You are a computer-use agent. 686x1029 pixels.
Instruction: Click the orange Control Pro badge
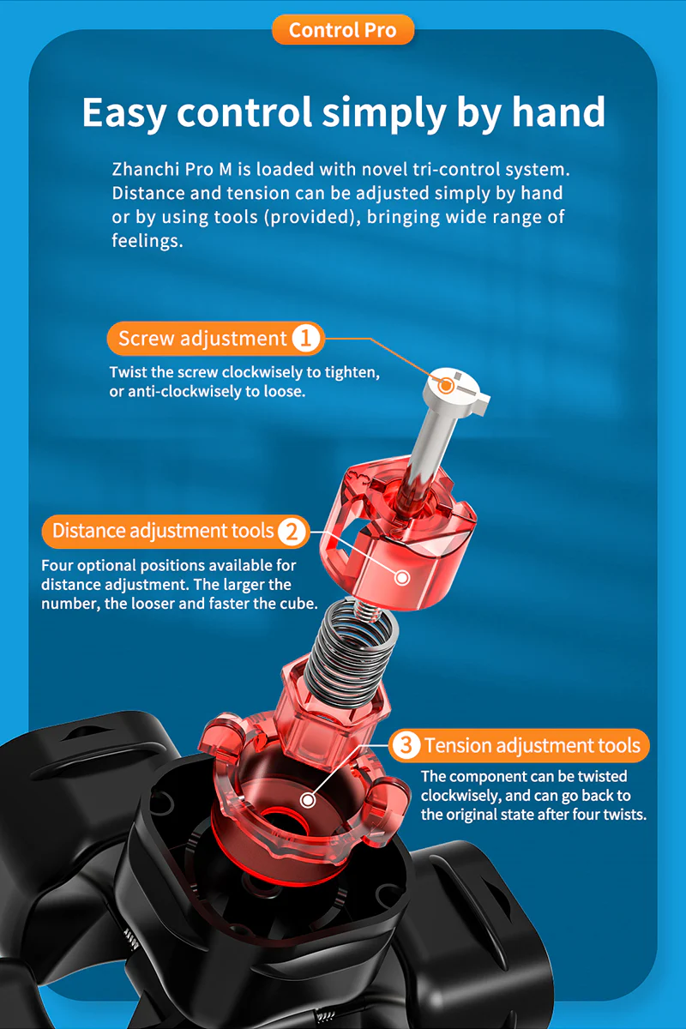(x=343, y=30)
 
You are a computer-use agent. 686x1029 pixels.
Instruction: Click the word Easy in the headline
(x=123, y=112)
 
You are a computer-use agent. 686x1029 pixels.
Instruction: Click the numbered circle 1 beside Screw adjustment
(x=305, y=339)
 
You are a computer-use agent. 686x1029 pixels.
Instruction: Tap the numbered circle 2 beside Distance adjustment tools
(x=292, y=532)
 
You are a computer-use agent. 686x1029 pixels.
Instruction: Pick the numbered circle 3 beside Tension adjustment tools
(x=406, y=744)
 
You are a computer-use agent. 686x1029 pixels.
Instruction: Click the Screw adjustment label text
(x=202, y=339)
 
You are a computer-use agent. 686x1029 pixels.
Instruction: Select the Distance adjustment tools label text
(x=163, y=531)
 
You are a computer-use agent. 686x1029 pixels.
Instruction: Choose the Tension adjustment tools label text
(x=532, y=744)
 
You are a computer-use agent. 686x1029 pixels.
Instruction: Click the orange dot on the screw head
(x=445, y=385)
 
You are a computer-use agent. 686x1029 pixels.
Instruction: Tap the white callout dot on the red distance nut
(x=402, y=577)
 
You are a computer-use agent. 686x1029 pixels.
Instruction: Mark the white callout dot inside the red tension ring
(x=308, y=800)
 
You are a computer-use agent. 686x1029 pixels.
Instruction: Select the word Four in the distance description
(x=57, y=565)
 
